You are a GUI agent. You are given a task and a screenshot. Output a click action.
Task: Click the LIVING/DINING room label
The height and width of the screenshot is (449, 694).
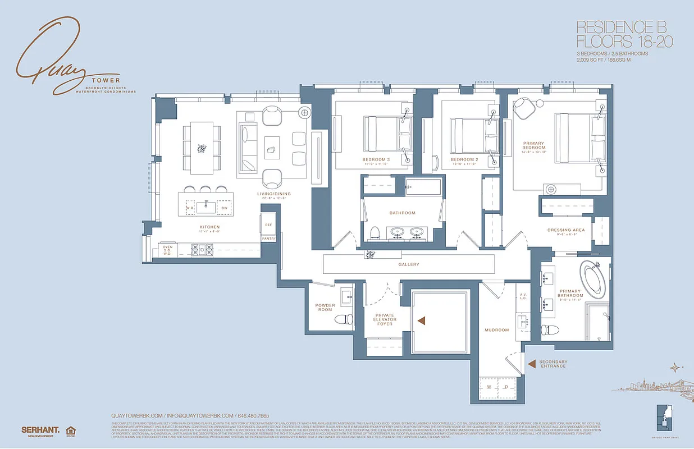click(x=274, y=194)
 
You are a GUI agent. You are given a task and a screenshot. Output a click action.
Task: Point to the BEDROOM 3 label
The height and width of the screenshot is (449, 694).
click(x=376, y=160)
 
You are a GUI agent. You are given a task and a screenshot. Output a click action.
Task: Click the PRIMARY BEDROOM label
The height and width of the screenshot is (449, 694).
click(x=532, y=146)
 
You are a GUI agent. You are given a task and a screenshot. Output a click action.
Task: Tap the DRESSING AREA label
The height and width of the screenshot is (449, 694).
click(x=567, y=230)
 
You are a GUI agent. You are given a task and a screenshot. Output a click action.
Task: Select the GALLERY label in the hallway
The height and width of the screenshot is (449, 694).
click(x=409, y=264)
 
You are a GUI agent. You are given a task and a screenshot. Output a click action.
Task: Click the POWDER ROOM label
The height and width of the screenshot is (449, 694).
click(x=325, y=308)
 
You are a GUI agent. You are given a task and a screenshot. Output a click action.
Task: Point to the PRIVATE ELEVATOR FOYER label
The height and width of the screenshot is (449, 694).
click(x=385, y=319)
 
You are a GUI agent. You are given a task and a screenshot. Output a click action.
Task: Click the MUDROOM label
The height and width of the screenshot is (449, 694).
click(x=497, y=330)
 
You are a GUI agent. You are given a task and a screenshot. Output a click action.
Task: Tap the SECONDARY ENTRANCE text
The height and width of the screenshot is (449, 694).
click(x=553, y=364)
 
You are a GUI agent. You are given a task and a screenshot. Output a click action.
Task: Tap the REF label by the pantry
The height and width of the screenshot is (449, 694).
click(x=268, y=225)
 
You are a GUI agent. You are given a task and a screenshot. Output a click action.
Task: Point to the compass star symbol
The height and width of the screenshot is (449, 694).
click(x=673, y=368)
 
